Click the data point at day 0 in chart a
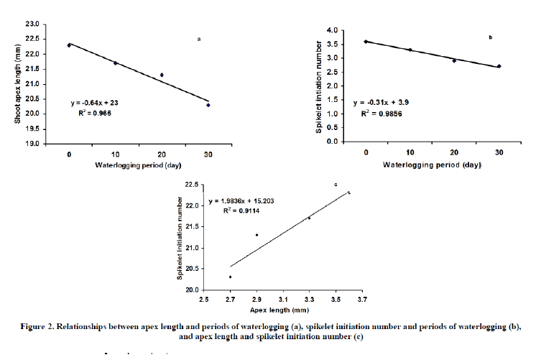tap(69, 45)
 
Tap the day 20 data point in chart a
tap(162, 75)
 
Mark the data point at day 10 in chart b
tap(410, 50)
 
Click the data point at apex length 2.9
tap(256, 235)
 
